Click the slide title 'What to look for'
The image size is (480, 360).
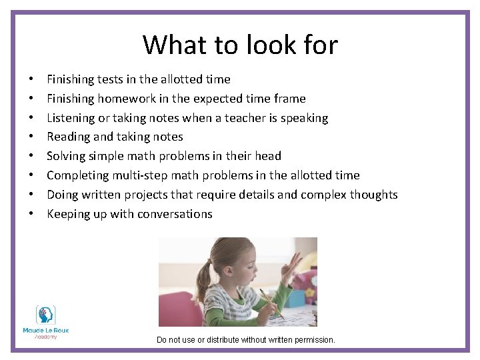point(240,45)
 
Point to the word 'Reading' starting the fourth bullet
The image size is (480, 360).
point(68,137)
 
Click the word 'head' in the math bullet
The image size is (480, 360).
point(269,156)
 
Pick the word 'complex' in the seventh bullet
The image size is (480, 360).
point(323,195)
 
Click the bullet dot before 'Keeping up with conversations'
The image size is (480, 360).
point(33,215)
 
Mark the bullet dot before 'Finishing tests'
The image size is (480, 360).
point(33,80)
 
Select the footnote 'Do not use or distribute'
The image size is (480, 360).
point(245,340)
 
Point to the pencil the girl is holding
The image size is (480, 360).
point(272,303)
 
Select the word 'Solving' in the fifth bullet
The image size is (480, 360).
point(67,156)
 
